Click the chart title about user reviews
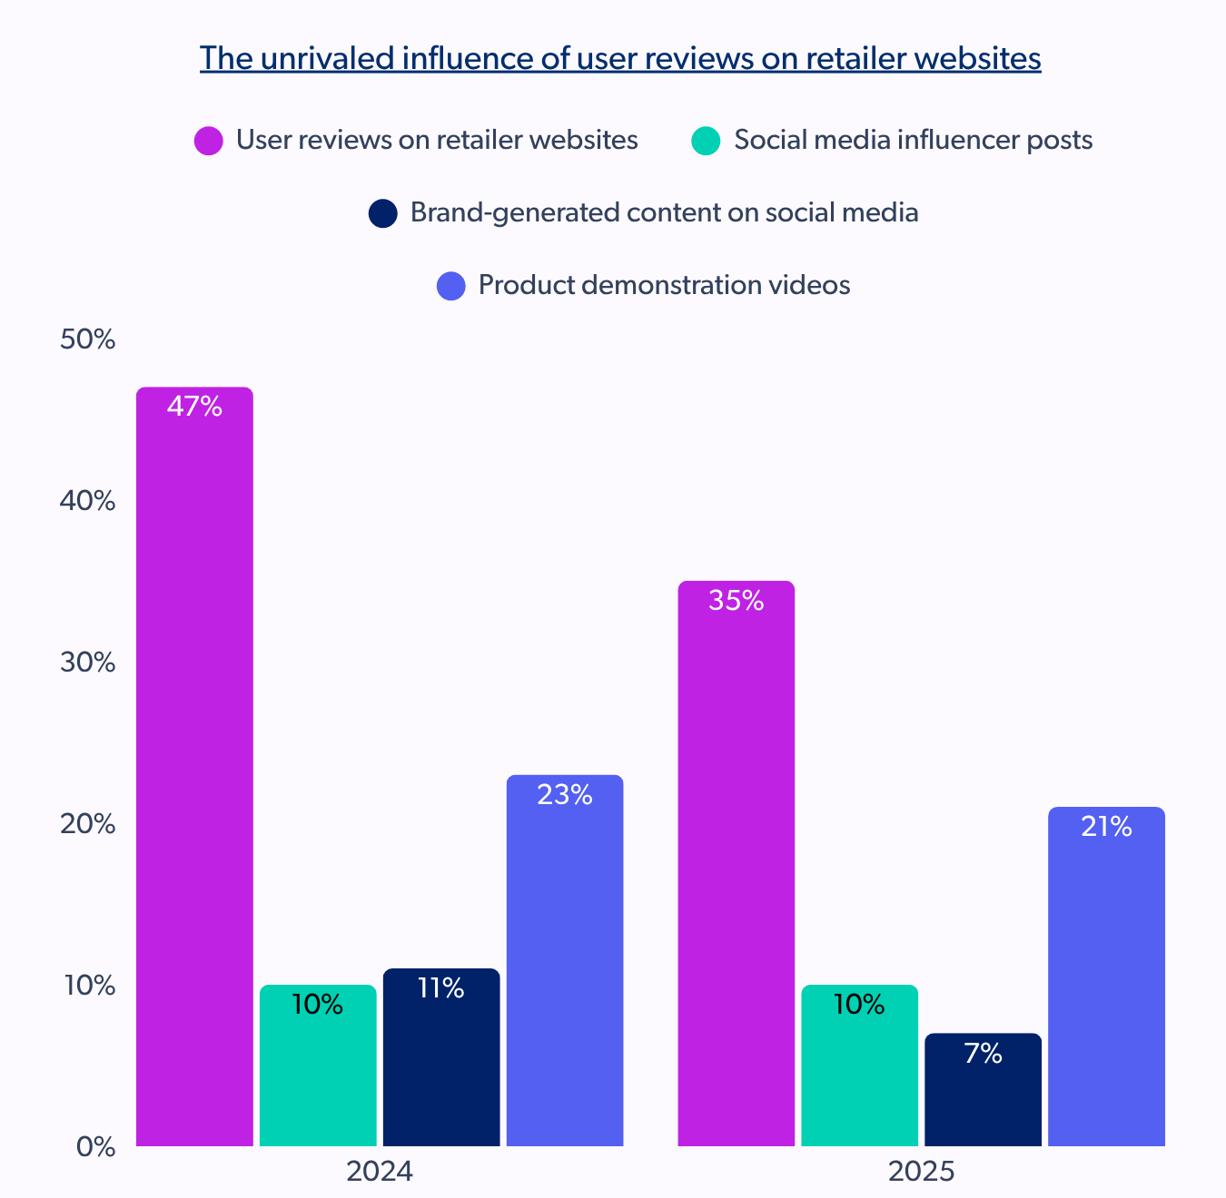tap(620, 58)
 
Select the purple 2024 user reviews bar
tap(194, 771)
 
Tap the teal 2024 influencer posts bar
tap(318, 1071)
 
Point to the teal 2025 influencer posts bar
tap(859, 1071)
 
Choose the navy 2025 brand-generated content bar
tap(983, 1098)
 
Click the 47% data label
tap(194, 407)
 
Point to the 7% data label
tap(983, 1054)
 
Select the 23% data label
tap(565, 795)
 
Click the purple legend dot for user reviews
tap(209, 141)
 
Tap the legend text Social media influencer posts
tap(913, 140)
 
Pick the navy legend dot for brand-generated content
tap(383, 213)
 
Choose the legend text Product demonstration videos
tap(664, 285)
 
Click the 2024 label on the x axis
tap(380, 1172)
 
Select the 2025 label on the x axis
tap(921, 1172)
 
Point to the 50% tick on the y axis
tap(88, 339)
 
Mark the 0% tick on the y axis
tap(95, 1147)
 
